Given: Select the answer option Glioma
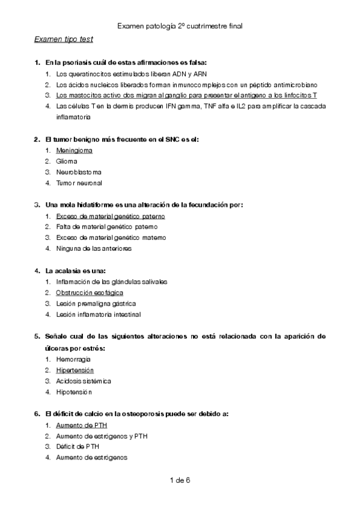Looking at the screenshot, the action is (66, 161).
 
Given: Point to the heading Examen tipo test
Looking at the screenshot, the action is (63, 39).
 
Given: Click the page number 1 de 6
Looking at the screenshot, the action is (180, 480).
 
